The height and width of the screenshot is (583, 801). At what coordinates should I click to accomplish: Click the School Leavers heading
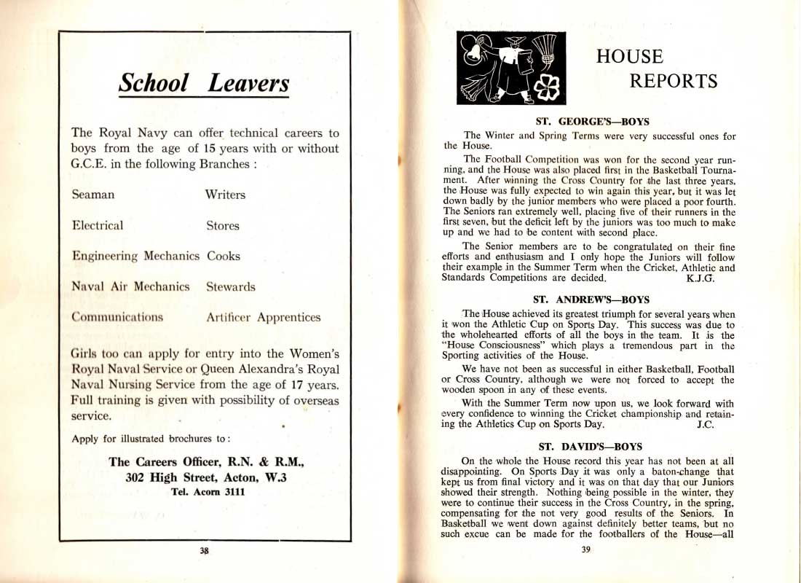coord(204,83)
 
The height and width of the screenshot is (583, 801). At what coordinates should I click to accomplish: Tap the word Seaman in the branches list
coord(93,195)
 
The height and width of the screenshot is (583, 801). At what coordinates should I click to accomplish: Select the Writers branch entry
coord(225,195)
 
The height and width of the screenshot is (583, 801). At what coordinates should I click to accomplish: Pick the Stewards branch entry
coord(231,287)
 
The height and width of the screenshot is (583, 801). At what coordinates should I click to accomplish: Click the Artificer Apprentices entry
coord(264,318)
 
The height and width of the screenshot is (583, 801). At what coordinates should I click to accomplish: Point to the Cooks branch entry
coord(224,257)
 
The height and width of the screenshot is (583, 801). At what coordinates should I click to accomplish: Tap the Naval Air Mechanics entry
coord(130,287)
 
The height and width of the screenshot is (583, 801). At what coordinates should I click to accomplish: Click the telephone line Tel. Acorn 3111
coord(206,492)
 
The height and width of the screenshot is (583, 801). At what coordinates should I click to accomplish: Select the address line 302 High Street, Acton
coord(206,477)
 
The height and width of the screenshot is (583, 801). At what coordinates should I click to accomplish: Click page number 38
coord(205,552)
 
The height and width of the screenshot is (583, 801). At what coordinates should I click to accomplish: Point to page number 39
coord(585,550)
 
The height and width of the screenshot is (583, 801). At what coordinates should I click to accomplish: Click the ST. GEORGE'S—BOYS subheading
coord(592,122)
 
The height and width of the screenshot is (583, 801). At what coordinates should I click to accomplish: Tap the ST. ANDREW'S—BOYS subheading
coord(591,300)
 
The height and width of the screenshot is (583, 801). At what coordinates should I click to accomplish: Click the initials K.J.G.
coord(701,278)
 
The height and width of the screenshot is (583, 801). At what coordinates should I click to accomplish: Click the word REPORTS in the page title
coord(674,81)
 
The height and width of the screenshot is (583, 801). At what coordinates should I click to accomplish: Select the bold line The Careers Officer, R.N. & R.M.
coord(206,462)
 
